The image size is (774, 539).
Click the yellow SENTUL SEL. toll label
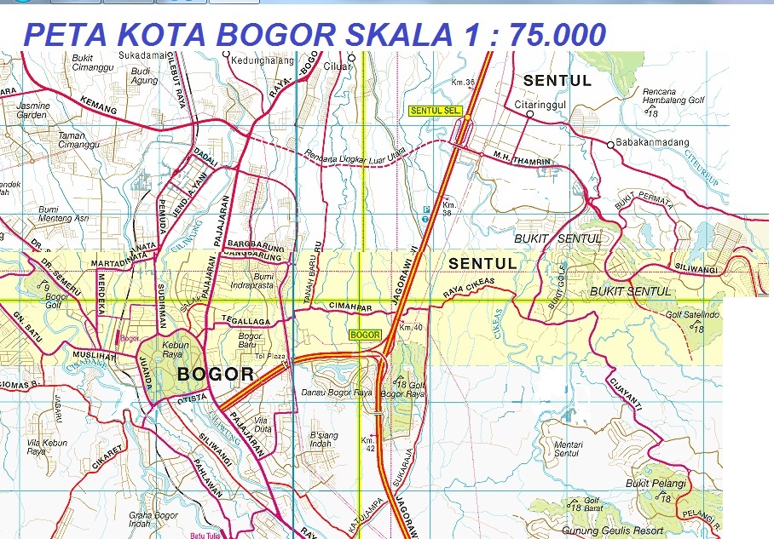430,111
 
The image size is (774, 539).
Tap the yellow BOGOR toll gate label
365,335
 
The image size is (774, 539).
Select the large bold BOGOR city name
215,374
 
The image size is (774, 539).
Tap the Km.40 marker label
411,327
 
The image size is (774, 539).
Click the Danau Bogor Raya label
338,393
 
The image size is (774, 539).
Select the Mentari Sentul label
567,449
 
